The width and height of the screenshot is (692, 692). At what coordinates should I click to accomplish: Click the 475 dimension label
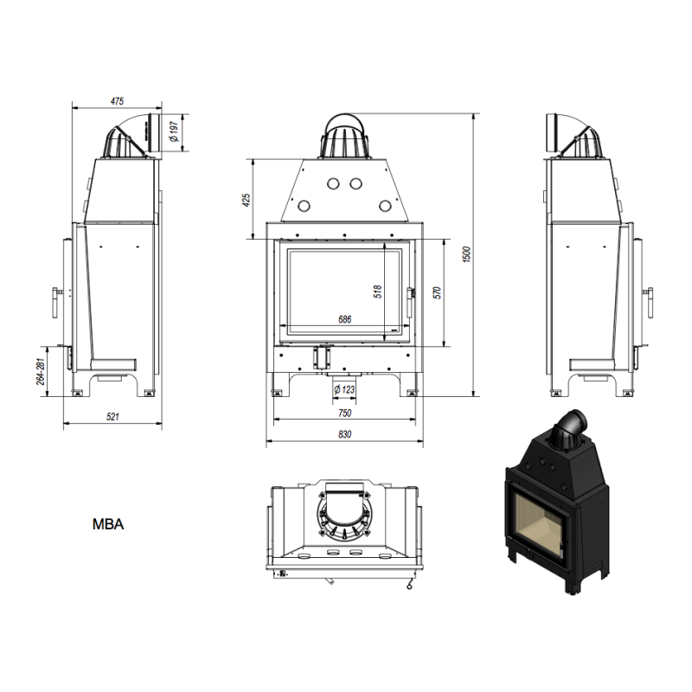point(117,101)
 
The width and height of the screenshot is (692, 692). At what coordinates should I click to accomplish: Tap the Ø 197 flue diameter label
point(174,132)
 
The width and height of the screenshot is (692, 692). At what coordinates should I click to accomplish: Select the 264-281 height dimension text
point(41,371)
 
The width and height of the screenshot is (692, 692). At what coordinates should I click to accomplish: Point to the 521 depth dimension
point(112,416)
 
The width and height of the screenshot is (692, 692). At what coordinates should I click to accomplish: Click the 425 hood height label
point(247,200)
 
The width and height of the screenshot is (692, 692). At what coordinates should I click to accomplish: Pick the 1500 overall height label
point(467,254)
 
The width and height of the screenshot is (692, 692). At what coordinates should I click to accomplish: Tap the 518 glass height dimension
point(378,292)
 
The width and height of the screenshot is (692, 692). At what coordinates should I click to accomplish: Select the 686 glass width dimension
point(344,318)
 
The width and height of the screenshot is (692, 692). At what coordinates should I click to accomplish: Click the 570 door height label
point(437,292)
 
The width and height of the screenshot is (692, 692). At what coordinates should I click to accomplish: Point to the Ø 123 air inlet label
point(344,390)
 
